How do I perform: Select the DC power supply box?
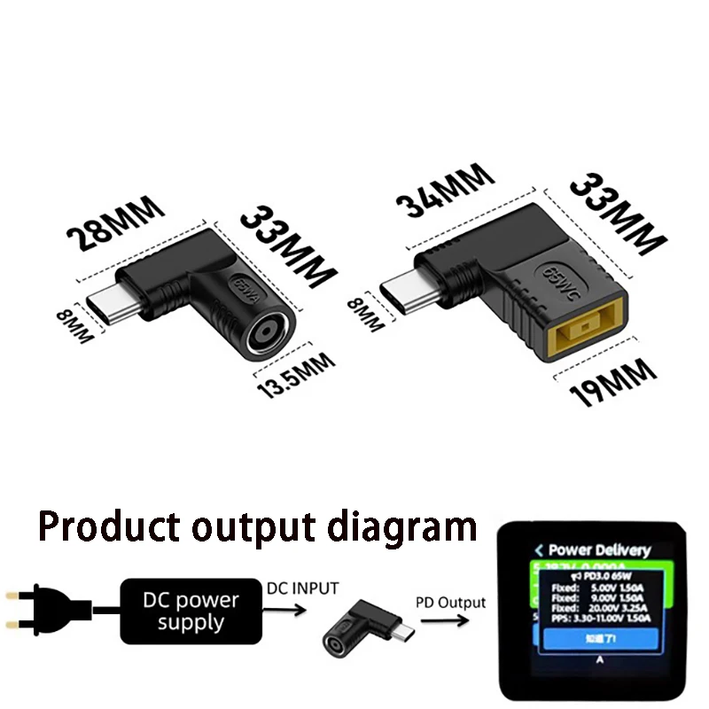coord(191,611)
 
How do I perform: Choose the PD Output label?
coord(450,603)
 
